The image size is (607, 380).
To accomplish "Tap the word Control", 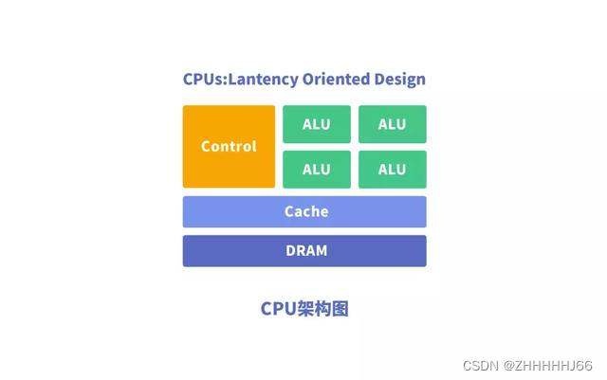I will [x=229, y=147].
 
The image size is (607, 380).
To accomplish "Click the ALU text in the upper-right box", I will [x=392, y=124].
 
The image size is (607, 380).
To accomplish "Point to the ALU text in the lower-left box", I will [x=317, y=170].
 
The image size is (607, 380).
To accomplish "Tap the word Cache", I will [x=304, y=211].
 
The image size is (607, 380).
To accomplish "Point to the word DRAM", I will [x=304, y=251].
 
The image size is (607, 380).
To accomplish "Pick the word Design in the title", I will [x=400, y=79].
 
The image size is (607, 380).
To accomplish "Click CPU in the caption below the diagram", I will [x=276, y=309].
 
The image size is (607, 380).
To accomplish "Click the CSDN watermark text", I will [x=483, y=365].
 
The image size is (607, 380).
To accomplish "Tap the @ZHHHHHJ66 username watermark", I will [x=549, y=365].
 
